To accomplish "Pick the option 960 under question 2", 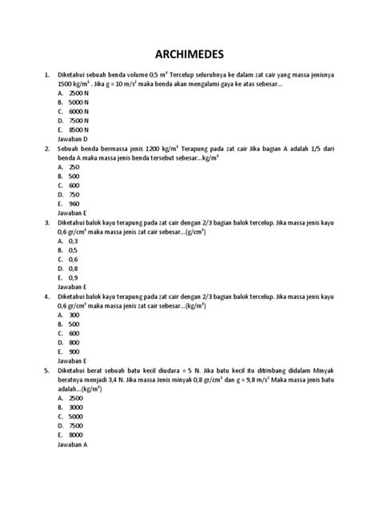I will pyautogui.click(x=74, y=204).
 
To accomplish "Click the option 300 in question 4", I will pyautogui.click(x=74, y=315).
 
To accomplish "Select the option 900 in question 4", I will pyautogui.click(x=74, y=352).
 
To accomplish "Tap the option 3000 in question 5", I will pyautogui.click(x=76, y=407).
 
